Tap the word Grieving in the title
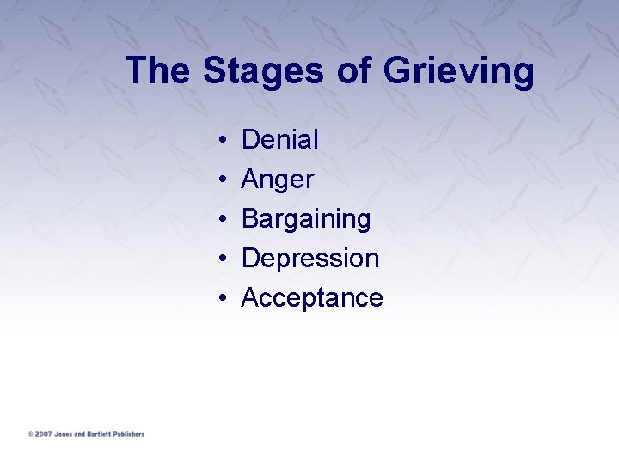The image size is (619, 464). pos(458,72)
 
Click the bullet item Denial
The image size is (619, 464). pos(280,139)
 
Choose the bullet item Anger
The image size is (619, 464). pos(278,180)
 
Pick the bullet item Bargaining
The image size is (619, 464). pos(306,220)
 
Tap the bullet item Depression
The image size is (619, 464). pos(310,258)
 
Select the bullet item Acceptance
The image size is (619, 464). pos(312,297)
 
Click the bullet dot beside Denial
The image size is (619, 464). pos(222,140)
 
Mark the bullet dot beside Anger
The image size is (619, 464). pos(222,180)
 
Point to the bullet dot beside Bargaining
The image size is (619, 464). pos(222,219)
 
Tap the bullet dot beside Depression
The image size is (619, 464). pos(222,259)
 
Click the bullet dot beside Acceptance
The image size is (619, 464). pos(222,298)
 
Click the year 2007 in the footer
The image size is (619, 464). pos(44,434)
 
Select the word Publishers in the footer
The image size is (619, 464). pos(126,434)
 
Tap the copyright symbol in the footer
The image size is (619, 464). pos(30,434)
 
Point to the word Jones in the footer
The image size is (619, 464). pos(63,434)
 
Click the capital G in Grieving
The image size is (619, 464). pos(397,70)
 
